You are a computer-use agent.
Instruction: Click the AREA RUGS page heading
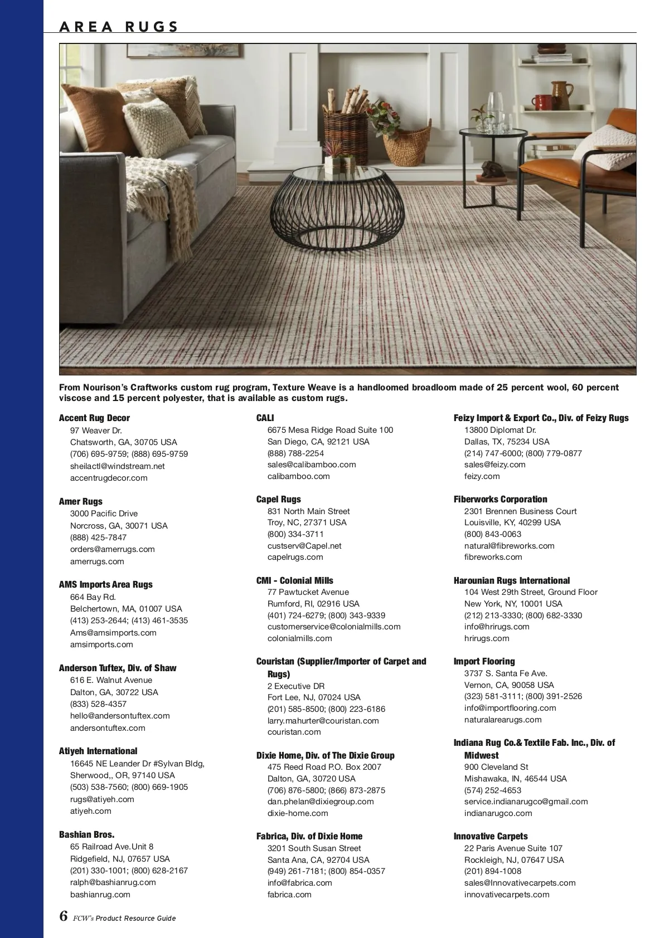click(119, 26)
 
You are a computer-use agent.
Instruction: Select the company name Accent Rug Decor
click(94, 418)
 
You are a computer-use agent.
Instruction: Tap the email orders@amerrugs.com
click(112, 549)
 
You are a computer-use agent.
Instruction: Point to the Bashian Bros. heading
click(86, 834)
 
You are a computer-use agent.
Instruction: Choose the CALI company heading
click(265, 418)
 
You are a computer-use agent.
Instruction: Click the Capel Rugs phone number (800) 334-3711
click(295, 534)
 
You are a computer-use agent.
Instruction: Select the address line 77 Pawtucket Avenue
click(308, 592)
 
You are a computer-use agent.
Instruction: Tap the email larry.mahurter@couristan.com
click(323, 721)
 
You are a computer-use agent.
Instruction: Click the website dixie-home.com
click(298, 813)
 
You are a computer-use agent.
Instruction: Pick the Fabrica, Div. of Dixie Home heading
click(309, 836)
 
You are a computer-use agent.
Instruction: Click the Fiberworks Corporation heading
click(500, 499)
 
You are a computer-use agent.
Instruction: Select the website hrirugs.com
click(487, 638)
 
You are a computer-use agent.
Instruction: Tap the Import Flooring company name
click(484, 661)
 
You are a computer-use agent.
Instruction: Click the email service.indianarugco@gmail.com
click(526, 802)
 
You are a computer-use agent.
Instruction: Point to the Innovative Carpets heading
click(490, 836)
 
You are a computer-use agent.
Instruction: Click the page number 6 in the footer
click(64, 916)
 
